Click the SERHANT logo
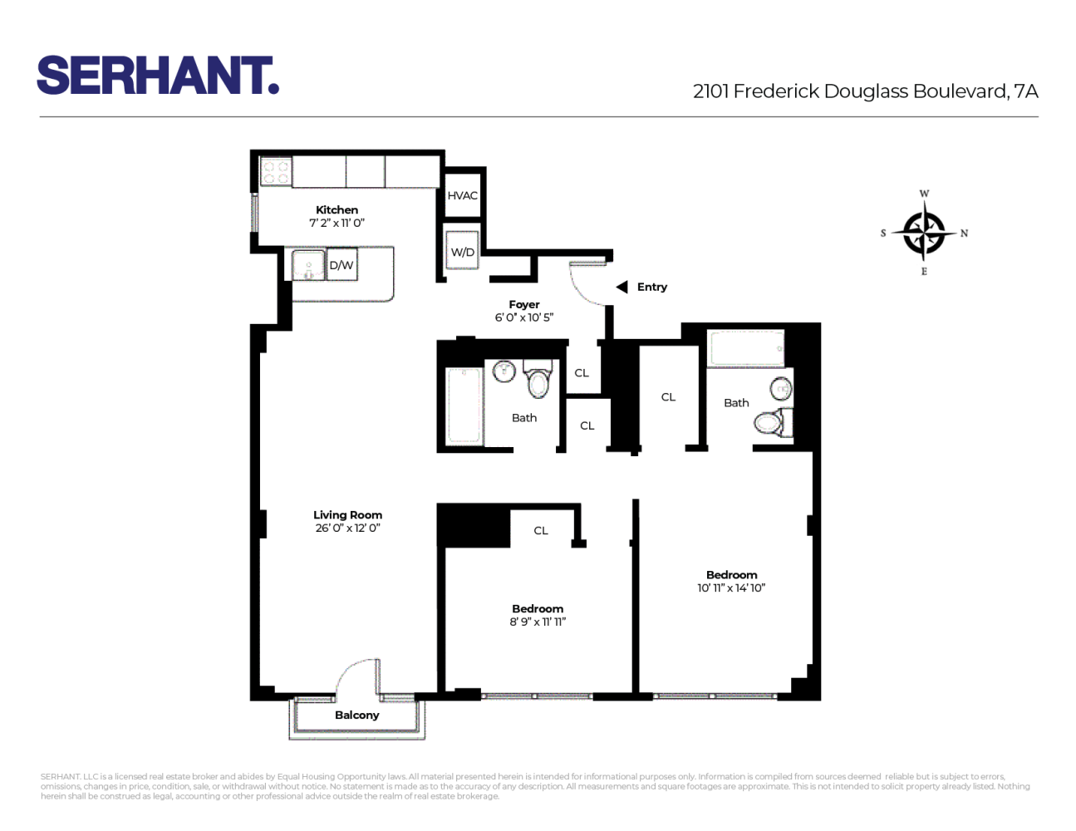coord(158,76)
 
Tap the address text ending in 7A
coord(865,91)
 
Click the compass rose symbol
coord(923,233)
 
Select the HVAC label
coord(463,196)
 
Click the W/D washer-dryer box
coord(463,251)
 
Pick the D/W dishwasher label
coord(341,266)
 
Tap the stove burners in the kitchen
coord(275,173)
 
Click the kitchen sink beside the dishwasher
coord(308,265)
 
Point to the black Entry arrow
coord(622,288)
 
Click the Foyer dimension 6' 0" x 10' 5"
coord(523,317)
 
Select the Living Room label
coord(347,515)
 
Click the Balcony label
coord(356,715)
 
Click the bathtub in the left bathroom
coord(464,406)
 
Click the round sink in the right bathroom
coord(781,388)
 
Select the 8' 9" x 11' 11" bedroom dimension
coord(538,622)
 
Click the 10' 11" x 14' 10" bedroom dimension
coord(731,588)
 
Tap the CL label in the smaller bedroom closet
coord(541,530)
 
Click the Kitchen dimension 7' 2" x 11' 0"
coord(337,223)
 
